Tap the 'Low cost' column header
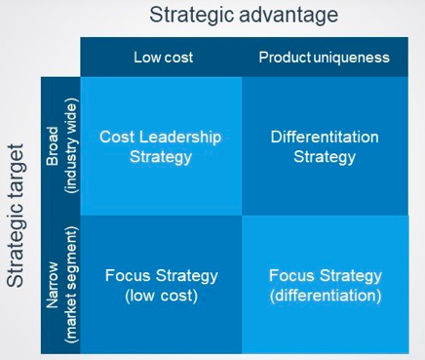[x=164, y=58]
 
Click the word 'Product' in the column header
[x=285, y=58]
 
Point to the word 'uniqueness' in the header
[x=352, y=58]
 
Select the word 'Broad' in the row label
[x=53, y=146]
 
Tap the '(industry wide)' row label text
[x=71, y=148]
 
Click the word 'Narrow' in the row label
[x=53, y=285]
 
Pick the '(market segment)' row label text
[x=71, y=284]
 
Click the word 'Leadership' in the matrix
[x=180, y=137]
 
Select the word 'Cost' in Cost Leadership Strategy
[x=118, y=137]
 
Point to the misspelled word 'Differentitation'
[x=325, y=137]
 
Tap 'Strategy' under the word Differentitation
[x=325, y=157]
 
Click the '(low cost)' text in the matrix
[x=161, y=296]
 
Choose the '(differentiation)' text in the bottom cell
[x=326, y=296]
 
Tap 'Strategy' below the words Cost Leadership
[x=161, y=157]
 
